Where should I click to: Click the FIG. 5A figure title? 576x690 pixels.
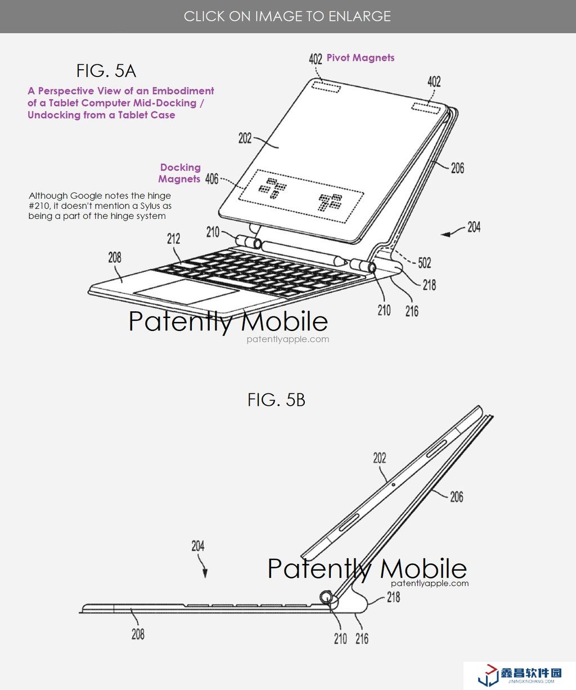106,71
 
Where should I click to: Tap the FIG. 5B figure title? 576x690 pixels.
276,400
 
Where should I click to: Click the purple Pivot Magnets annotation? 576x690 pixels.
361,58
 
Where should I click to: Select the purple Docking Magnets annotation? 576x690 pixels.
179,173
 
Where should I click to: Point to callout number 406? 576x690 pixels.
211,179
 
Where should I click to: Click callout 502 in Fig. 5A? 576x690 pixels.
424,263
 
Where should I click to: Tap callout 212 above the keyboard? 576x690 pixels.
173,239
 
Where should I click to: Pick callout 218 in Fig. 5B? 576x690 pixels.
393,597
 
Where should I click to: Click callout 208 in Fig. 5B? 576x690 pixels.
138,634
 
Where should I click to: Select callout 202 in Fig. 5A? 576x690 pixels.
245,138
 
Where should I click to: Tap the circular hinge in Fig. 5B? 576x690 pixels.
327,598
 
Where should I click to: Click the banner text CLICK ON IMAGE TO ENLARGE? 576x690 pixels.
287,16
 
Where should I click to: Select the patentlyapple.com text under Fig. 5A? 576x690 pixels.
287,339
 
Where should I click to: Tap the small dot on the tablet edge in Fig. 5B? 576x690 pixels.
393,485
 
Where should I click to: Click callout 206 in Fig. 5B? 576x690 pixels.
456,497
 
